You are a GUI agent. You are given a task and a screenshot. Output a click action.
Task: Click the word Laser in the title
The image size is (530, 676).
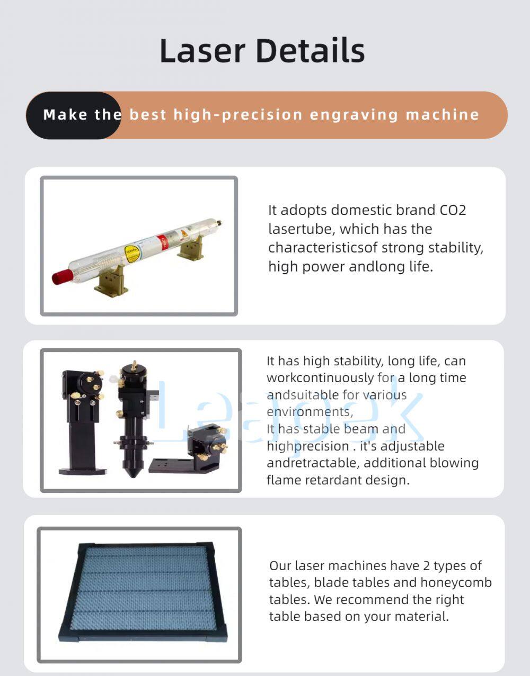pos(202,51)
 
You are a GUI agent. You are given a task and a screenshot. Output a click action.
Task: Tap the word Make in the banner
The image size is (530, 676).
pos(66,115)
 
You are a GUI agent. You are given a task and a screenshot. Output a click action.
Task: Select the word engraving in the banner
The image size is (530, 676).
pos(354,115)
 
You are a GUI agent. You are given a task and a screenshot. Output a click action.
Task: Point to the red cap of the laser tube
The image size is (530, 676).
pos(62,276)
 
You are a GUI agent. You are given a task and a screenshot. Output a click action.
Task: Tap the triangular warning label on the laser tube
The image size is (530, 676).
pos(184,233)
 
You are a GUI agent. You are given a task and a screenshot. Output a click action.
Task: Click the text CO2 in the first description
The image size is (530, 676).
pos(453,210)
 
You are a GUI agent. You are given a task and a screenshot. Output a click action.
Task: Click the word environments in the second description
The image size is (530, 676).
pos(309,412)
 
